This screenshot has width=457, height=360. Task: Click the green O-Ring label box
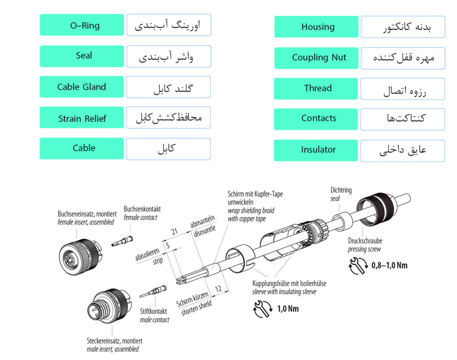tap(82, 25)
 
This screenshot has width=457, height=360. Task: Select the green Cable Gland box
tap(82, 87)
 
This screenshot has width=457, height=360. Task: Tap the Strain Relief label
tap(82, 117)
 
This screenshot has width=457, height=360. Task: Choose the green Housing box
tap(316, 27)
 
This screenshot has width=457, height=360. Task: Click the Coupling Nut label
tap(316, 58)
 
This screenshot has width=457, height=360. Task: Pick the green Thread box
tap(316, 88)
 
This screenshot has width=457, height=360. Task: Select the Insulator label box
tap(316, 150)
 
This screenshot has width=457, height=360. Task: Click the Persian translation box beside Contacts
tap(403, 119)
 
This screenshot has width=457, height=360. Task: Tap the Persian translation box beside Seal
tap(169, 57)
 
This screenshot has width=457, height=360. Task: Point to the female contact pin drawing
tap(122, 241)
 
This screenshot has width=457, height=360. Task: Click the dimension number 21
tap(174, 232)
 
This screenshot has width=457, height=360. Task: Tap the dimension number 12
tap(218, 289)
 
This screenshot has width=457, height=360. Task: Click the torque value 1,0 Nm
tap(288, 309)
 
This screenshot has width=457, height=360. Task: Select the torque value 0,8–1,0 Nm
tap(389, 265)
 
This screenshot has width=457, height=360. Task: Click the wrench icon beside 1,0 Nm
tap(263, 309)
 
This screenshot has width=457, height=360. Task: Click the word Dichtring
tap(341, 190)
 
